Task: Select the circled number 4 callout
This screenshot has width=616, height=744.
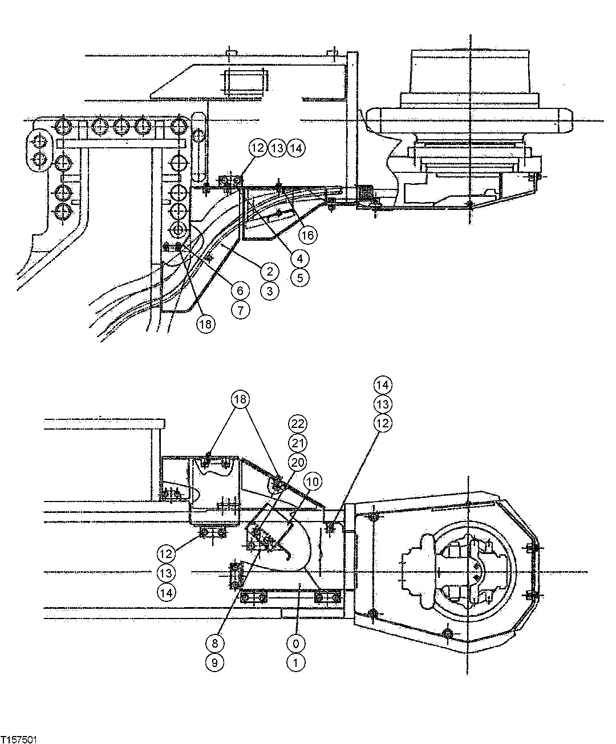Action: pyautogui.click(x=299, y=258)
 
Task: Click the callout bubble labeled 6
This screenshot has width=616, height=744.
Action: pyautogui.click(x=240, y=290)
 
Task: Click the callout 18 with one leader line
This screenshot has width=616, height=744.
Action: pyautogui.click(x=205, y=324)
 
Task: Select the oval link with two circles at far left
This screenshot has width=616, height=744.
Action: pyautogui.click(x=39, y=149)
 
